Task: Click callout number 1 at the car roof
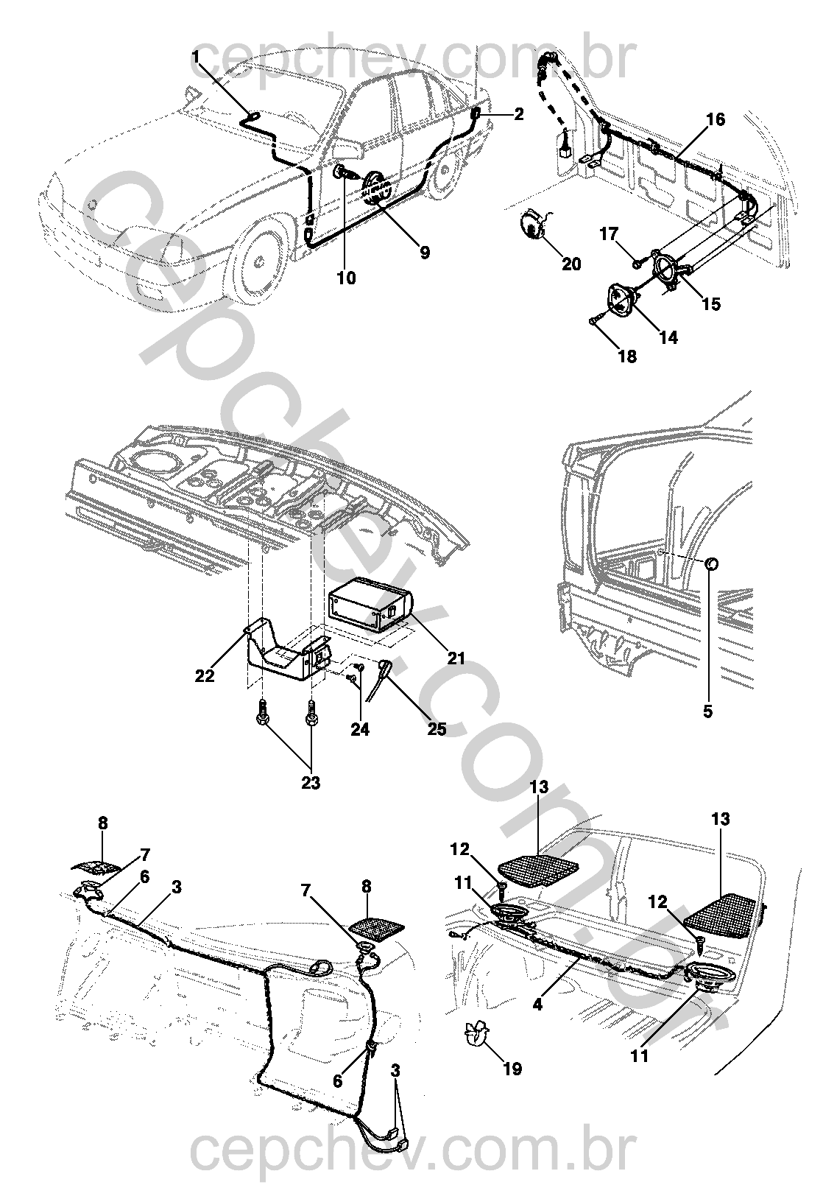point(196,57)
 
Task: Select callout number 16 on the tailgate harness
point(716,120)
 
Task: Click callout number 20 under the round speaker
point(571,264)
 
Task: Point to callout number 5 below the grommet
point(707,712)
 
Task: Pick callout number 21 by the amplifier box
point(456,658)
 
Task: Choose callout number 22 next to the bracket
point(205,675)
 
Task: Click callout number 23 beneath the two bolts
point(311,783)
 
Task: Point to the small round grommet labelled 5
point(712,564)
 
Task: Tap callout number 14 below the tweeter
point(668,337)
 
